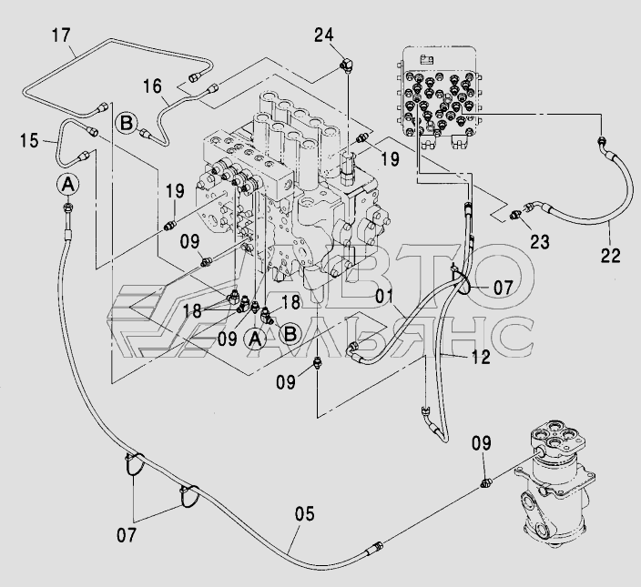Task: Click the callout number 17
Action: (x=61, y=35)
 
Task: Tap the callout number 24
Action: (x=324, y=35)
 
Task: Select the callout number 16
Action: (x=152, y=86)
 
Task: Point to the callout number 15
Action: (x=29, y=140)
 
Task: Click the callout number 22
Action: (x=610, y=256)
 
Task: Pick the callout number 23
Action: (x=540, y=242)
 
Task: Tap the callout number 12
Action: (x=481, y=357)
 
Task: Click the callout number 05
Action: (x=304, y=513)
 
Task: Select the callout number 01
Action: (x=384, y=296)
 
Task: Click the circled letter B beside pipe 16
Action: (x=126, y=123)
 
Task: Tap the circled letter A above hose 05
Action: (x=68, y=185)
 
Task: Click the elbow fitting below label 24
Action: (x=347, y=66)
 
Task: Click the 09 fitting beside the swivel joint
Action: (x=486, y=483)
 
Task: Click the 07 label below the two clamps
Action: (x=127, y=535)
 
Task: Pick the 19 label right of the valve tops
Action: (x=390, y=158)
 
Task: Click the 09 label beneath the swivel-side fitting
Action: (x=481, y=443)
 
